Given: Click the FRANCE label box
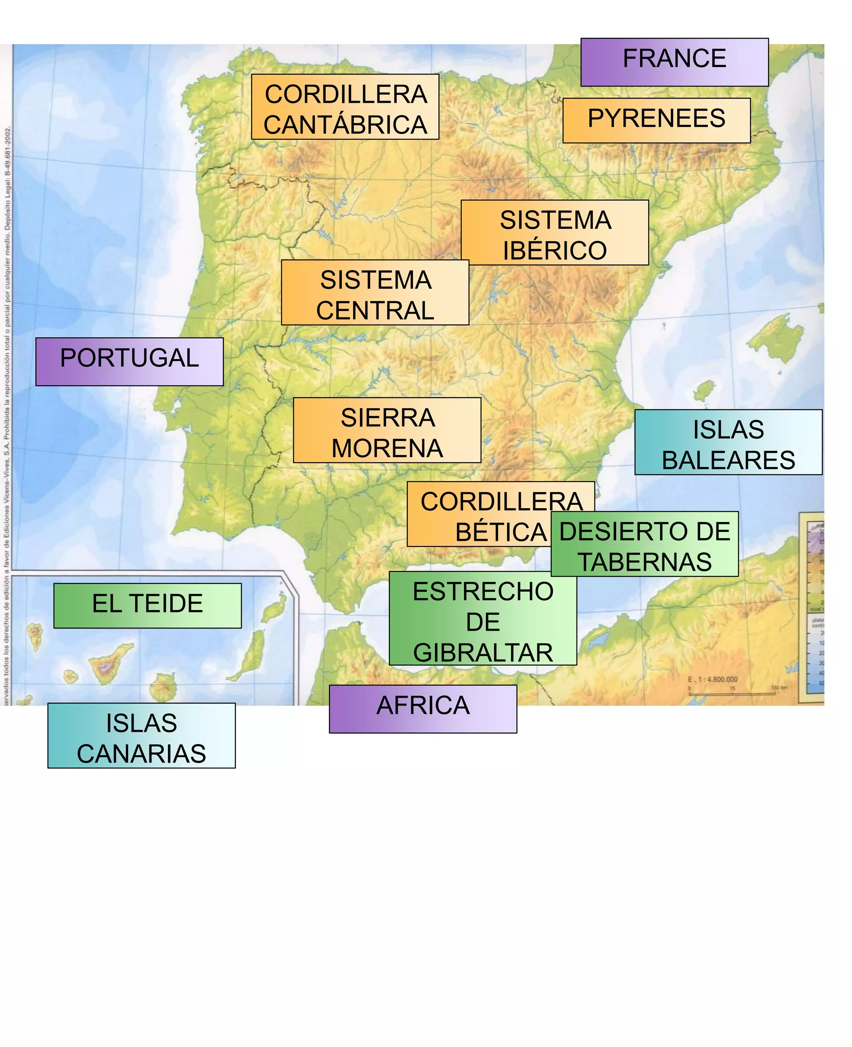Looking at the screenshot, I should [674, 62].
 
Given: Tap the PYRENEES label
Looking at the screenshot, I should [656, 120].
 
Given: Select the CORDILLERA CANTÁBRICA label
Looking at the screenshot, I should [345, 107].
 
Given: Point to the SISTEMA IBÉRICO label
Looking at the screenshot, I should [555, 233].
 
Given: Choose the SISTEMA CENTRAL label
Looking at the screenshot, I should [375, 292].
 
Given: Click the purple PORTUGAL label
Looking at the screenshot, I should [129, 361].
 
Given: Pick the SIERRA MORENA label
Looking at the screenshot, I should [387, 430].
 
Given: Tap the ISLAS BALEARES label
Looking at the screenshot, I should [728, 442].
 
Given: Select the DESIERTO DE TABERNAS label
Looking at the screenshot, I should [644, 544].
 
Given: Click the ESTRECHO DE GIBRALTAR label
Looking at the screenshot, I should [483, 619].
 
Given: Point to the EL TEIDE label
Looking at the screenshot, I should [147, 605].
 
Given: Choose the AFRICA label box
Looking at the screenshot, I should [423, 709].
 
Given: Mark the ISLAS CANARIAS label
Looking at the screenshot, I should [141, 735].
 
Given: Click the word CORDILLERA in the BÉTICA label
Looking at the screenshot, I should [500, 502].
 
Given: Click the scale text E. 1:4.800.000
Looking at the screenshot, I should [713, 680].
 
